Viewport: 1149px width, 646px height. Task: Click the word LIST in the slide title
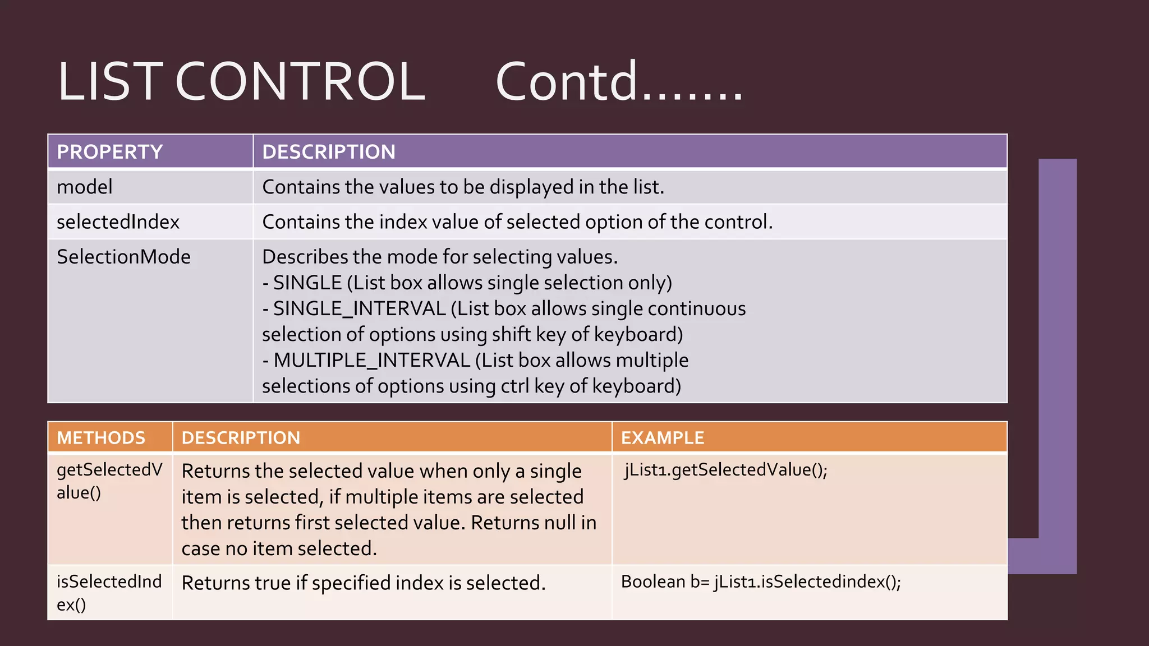110,82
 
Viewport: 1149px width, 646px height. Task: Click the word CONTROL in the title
300,82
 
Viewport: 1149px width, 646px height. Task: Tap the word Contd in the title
567,82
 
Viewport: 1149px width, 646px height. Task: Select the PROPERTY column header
110,152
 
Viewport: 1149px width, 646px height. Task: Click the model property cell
85,187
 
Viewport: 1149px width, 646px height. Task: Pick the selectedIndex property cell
118,222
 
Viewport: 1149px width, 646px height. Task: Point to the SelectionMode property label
123,257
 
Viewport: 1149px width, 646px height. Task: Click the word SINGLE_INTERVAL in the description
359,309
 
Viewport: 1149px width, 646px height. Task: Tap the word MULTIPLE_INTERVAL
371,361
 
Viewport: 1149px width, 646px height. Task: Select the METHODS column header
101,438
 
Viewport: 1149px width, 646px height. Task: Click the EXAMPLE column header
662,438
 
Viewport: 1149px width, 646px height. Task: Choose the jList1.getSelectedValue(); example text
726,470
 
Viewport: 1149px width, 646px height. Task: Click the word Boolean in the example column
653,582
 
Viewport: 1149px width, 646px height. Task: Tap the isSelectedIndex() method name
109,593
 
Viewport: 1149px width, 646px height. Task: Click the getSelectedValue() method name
109,481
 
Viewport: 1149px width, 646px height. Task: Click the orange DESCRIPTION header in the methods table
241,438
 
